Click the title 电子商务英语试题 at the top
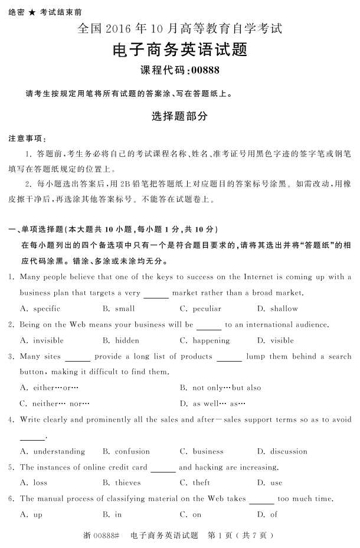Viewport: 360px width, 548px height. (179, 50)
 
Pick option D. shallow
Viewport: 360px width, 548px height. (277, 309)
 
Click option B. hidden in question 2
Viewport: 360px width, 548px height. (121, 340)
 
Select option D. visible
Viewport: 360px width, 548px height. (275, 340)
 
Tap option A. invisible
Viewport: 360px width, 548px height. (41, 340)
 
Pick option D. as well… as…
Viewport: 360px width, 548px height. (212, 403)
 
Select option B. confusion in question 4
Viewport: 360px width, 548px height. (126, 451)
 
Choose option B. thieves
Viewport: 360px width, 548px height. (122, 483)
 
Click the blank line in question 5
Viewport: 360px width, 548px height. (163, 470)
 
